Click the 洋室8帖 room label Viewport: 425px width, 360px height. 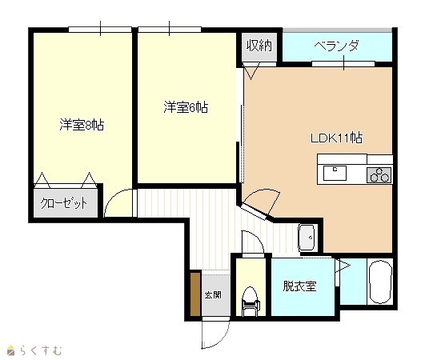click(82, 125)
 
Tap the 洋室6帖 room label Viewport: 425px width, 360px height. click(186, 107)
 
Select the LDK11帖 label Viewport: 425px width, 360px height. click(336, 138)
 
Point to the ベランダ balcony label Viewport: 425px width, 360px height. click(337, 46)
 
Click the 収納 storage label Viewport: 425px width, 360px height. click(259, 46)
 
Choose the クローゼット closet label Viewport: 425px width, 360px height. click(64, 203)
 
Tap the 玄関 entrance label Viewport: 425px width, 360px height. click(213, 295)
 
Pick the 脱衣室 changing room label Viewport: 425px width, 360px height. click(299, 286)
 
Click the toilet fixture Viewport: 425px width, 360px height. click(251, 302)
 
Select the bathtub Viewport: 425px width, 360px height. click(380, 282)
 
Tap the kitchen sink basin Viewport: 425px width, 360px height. click(335, 173)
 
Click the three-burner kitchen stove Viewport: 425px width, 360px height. click(379, 175)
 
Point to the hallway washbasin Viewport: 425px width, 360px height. click(307, 238)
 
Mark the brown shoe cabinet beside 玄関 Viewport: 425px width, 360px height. click(195, 294)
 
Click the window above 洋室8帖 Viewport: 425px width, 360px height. click(100, 30)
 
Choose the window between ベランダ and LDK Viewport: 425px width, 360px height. click(343, 64)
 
